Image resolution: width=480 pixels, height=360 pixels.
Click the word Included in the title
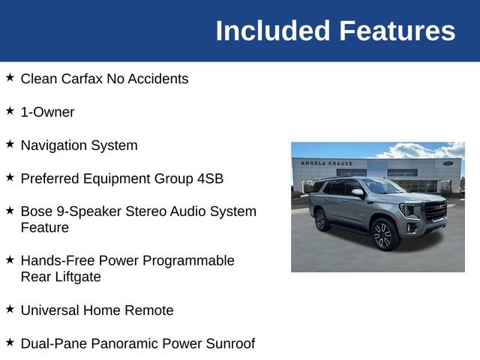[x=273, y=31]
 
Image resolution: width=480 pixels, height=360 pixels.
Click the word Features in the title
[x=397, y=31]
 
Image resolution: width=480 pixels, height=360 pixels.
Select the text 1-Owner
[x=47, y=112]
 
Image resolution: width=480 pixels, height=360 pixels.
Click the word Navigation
[x=55, y=145]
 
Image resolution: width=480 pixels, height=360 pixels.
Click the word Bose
[x=36, y=211]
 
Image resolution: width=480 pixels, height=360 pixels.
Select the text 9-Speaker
[x=85, y=211]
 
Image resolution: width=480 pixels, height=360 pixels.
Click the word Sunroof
[x=229, y=343]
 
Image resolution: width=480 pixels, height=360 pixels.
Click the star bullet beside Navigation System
[x=10, y=143]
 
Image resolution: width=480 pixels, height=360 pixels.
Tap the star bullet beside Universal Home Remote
[x=10, y=308]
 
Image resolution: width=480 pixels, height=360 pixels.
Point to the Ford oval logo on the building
[x=448, y=163]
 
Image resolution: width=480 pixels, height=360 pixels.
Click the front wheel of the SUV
[x=382, y=234]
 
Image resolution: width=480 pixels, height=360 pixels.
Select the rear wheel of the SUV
[x=321, y=220]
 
